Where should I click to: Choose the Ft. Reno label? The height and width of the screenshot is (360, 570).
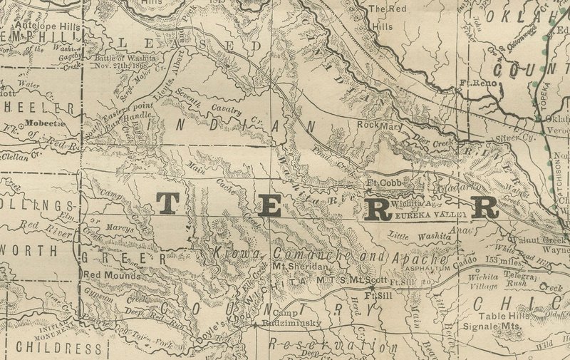pos(478,83)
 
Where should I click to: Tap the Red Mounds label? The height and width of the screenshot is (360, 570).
pos(108,274)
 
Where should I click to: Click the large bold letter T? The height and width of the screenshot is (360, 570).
pos(168,205)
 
